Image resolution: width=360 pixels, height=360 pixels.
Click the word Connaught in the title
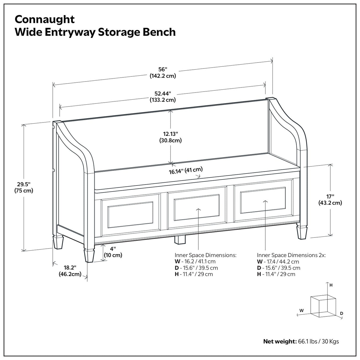pyautogui.click(x=45, y=19)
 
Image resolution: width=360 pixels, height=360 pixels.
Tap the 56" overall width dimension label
pyautogui.click(x=163, y=72)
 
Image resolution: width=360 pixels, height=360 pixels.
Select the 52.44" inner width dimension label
pyautogui.click(x=162, y=97)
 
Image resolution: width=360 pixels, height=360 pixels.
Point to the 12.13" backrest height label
pyautogui.click(x=171, y=137)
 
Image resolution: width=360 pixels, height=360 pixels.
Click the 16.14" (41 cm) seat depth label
pyautogui.click(x=186, y=171)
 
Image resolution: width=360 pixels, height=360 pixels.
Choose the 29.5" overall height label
pyautogui.click(x=24, y=187)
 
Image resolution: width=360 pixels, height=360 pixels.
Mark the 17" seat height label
pyautogui.click(x=330, y=200)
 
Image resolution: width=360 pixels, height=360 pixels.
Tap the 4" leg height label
pyautogui.click(x=113, y=251)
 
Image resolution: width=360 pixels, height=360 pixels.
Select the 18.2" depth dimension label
pyautogui.click(x=70, y=271)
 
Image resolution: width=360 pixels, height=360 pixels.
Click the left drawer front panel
pyautogui.click(x=130, y=214)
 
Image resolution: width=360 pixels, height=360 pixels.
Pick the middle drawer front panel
pyautogui.click(x=197, y=207)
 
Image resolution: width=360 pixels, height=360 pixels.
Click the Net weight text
pyautogui.click(x=301, y=341)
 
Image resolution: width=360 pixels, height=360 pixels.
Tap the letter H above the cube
pyautogui.click(x=331, y=285)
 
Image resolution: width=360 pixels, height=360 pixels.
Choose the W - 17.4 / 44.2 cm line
pyautogui.click(x=278, y=262)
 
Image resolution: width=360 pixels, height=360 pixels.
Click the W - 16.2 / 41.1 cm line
pyautogui.click(x=195, y=262)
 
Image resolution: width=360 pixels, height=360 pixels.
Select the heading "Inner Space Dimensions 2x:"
pyautogui.click(x=291, y=255)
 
